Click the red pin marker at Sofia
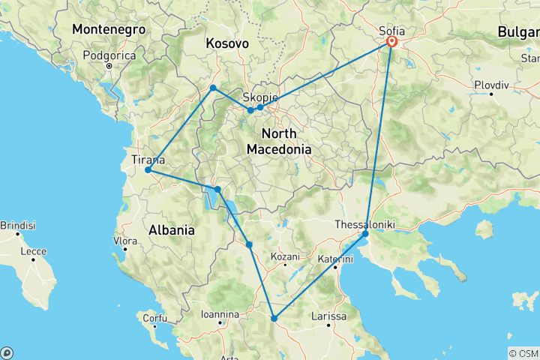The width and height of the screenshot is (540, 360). pyautogui.click(x=391, y=43)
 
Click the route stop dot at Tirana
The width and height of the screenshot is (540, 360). pyautogui.click(x=148, y=170)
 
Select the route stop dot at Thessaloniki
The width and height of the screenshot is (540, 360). pyautogui.click(x=365, y=234)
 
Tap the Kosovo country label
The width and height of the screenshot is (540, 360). pyautogui.click(x=227, y=44)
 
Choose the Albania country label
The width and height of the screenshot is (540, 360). pyautogui.click(x=171, y=229)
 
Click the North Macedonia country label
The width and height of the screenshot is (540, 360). pyautogui.click(x=279, y=141)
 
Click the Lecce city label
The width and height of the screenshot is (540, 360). pyautogui.click(x=34, y=252)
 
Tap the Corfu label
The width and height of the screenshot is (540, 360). pyautogui.click(x=154, y=318)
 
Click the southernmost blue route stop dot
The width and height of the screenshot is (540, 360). pyautogui.click(x=274, y=319)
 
